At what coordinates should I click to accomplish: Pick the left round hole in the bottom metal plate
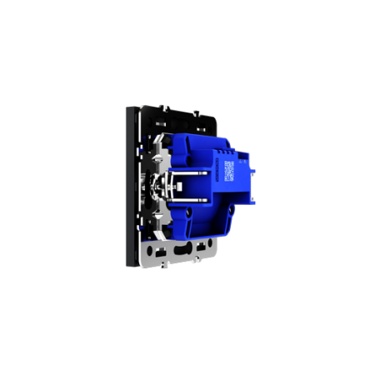(x=155, y=248)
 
